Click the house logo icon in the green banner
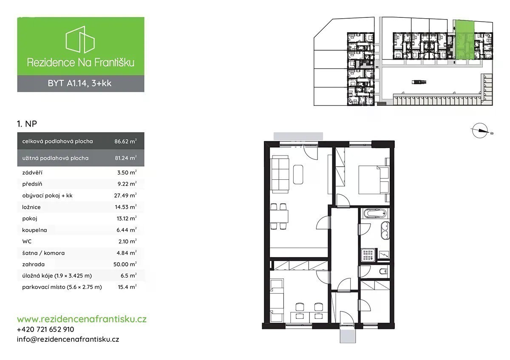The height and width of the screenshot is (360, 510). pos(80,40)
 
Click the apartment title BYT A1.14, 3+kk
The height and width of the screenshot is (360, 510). pos(80,83)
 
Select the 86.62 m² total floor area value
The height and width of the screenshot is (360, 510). pos(125,141)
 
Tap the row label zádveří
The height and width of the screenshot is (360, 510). pos(32,173)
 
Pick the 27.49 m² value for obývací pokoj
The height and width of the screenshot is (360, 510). pos(125,196)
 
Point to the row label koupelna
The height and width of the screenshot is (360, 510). pos(34,230)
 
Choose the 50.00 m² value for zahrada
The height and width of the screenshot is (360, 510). pos(125,264)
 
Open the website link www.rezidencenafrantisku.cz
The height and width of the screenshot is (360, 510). pos(82,319)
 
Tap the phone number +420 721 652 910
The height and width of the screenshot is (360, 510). pos(45,329)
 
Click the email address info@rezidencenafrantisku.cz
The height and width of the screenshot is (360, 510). pos(68,339)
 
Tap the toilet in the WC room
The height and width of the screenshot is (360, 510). pos(383,271)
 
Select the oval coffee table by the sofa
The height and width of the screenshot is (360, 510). pos(298,175)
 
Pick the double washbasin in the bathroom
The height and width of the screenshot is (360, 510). pos(385,230)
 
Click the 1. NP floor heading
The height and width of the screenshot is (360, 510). pos(27,124)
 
